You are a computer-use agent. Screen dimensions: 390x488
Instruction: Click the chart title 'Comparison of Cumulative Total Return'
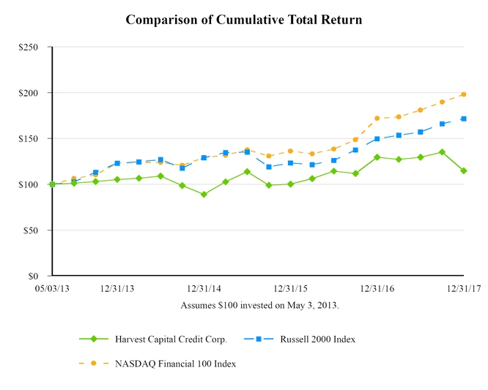coord(243,20)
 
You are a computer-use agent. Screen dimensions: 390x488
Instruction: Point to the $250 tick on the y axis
coord(29,48)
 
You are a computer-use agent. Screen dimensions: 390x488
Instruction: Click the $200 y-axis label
coord(29,93)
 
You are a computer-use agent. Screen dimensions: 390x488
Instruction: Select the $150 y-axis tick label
coord(29,139)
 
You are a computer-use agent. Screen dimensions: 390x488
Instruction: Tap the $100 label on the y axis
coord(29,184)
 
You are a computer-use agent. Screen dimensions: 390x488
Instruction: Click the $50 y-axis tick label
coord(32,230)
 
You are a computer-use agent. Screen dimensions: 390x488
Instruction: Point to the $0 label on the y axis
coord(34,277)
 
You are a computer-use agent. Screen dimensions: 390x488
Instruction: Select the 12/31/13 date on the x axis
coord(117,289)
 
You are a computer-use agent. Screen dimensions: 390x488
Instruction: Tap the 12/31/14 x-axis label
coord(204,289)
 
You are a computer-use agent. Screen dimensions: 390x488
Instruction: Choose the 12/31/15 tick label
coord(290,289)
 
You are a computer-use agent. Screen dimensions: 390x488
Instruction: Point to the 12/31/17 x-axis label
coord(463,289)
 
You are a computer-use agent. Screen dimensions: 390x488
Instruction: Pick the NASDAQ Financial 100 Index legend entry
coord(175,363)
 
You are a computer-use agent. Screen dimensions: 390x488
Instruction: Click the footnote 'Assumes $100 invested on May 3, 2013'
coord(259,304)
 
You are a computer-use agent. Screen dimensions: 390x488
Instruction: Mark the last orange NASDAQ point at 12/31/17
coord(464,94)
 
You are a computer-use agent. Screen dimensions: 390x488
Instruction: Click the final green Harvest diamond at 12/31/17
coord(464,170)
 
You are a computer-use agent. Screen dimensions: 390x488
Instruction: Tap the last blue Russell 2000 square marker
coord(464,119)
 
